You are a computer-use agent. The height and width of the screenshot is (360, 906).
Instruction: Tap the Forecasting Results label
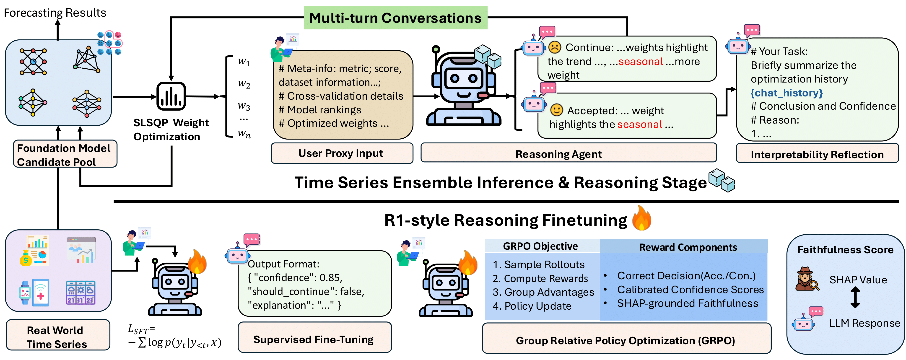[55, 13]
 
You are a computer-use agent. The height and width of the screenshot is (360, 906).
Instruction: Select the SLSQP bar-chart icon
[171, 96]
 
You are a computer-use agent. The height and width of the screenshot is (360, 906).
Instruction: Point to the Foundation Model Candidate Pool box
[65, 154]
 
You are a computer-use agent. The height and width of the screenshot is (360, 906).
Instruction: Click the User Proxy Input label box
[342, 153]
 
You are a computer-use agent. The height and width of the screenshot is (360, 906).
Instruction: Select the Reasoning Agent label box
[568, 154]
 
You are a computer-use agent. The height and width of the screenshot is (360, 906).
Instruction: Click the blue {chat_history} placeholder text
[787, 93]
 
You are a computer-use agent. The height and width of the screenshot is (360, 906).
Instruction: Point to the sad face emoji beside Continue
[555, 47]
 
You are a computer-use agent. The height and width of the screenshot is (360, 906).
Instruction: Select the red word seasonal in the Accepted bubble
[639, 124]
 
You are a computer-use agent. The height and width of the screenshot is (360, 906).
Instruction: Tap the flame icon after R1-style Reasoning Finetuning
[641, 219]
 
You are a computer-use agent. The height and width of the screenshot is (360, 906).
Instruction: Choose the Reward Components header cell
[687, 247]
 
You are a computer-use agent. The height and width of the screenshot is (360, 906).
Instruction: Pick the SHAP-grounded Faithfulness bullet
[687, 303]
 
